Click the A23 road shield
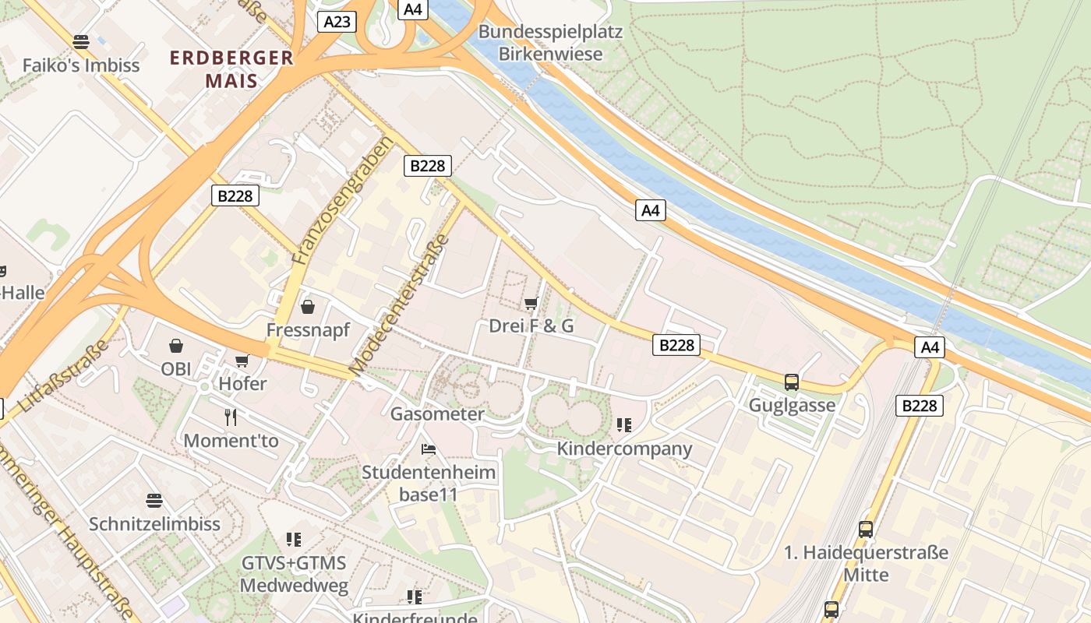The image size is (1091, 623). coord(337,22)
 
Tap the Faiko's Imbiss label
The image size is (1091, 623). coord(81,65)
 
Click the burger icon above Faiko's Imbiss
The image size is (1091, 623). coord(81,41)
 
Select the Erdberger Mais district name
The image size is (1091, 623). coord(231,69)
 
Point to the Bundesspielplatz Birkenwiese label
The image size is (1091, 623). coord(550,43)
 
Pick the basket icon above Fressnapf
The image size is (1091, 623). coord(308,307)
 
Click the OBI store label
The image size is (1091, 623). coord(176,368)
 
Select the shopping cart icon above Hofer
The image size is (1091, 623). coord(242,361)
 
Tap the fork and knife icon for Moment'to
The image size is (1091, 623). coord(231,417)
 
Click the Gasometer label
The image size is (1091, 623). coord(437,414)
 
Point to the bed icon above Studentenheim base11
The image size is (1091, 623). coord(428,449)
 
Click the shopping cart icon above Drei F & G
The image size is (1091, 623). coord(531,303)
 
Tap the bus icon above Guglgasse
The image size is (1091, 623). coord(792,382)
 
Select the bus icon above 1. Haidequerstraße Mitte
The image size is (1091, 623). coord(866,530)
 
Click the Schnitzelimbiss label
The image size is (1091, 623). coord(154,524)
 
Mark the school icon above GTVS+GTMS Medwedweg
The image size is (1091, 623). coord(294,539)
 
